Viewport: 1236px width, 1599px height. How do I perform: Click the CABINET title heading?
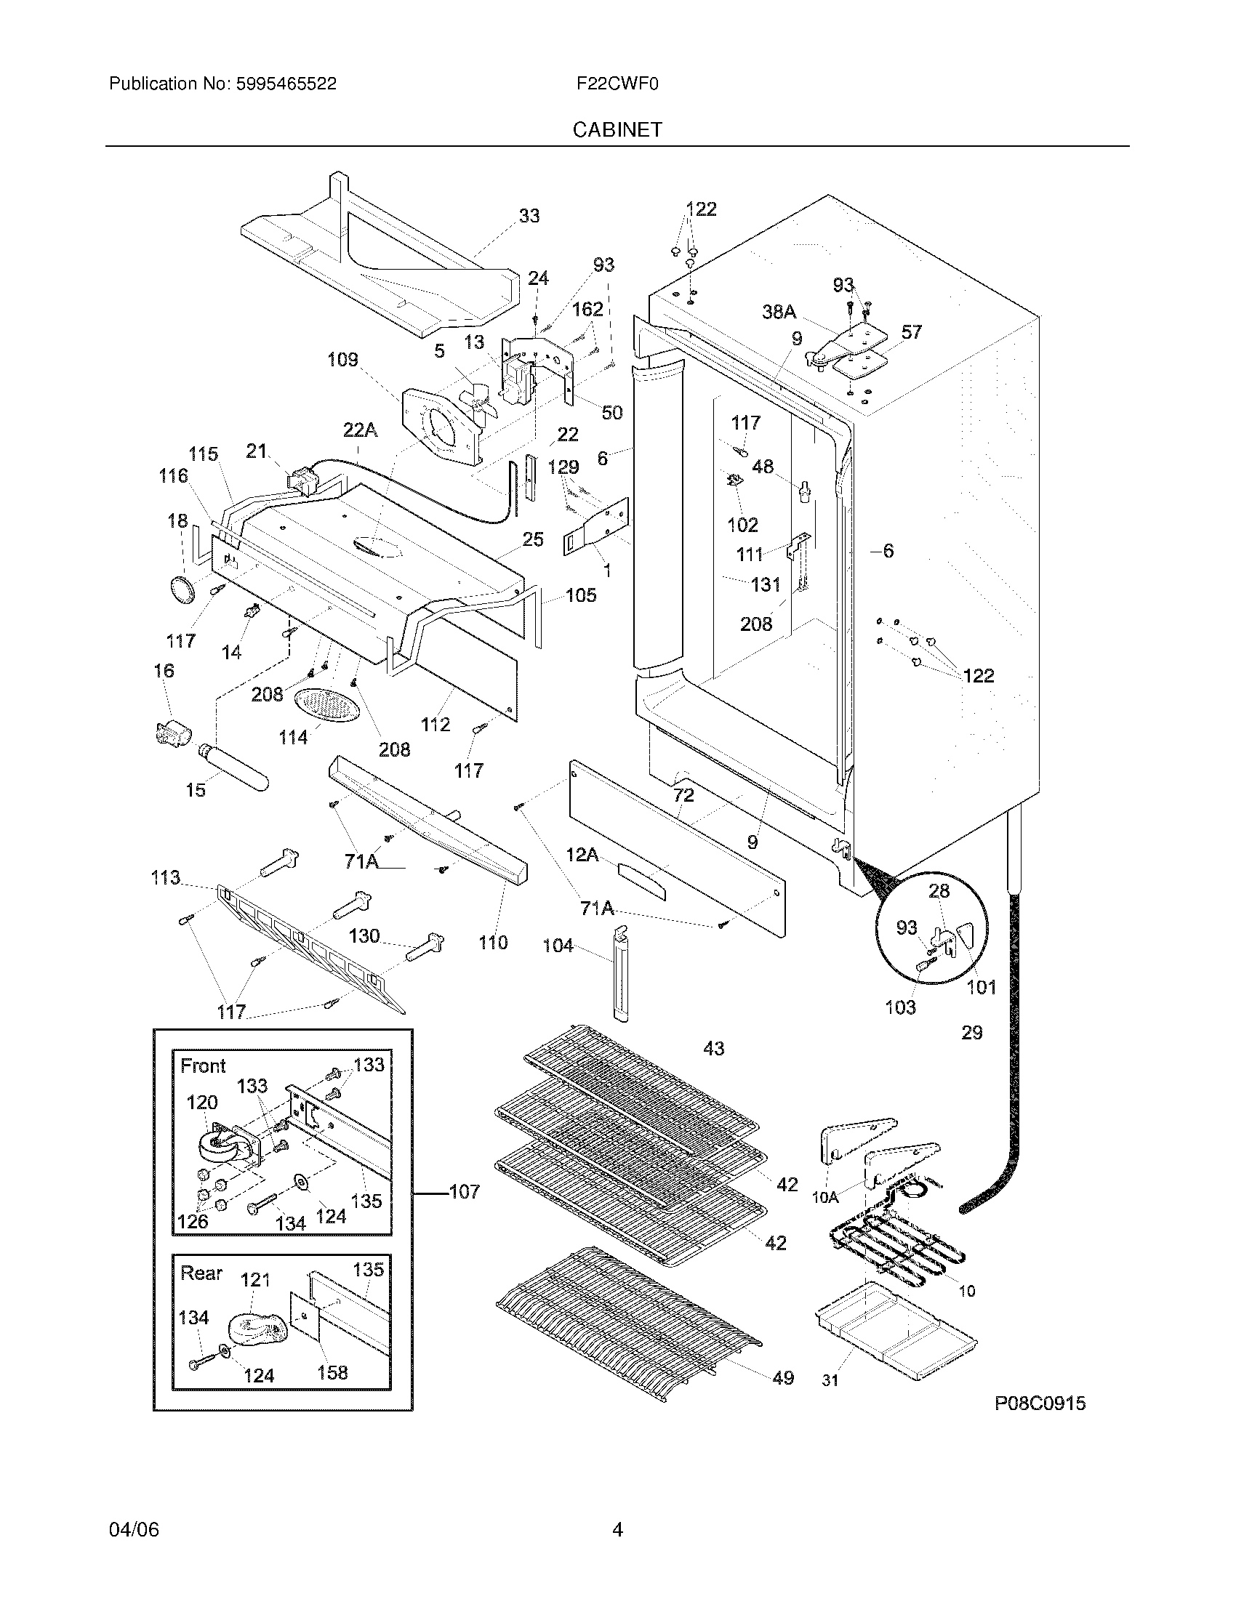[x=617, y=129]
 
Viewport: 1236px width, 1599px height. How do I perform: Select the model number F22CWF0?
[x=617, y=84]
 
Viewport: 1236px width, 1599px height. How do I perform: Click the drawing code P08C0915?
[x=1040, y=1403]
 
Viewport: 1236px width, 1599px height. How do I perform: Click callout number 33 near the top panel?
[x=529, y=215]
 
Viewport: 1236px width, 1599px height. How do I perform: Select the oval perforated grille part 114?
[x=327, y=706]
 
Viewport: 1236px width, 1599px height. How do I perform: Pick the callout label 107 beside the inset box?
[x=464, y=1191]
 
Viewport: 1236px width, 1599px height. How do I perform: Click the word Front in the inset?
[x=203, y=1066]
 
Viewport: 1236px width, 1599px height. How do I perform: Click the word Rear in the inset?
[x=201, y=1273]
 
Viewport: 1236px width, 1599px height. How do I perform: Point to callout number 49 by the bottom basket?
[x=783, y=1377]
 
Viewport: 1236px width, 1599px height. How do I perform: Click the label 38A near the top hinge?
[x=779, y=312]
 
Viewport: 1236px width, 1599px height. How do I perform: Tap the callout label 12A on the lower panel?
[x=582, y=854]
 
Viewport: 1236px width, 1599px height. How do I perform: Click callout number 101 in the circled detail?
[x=982, y=987]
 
